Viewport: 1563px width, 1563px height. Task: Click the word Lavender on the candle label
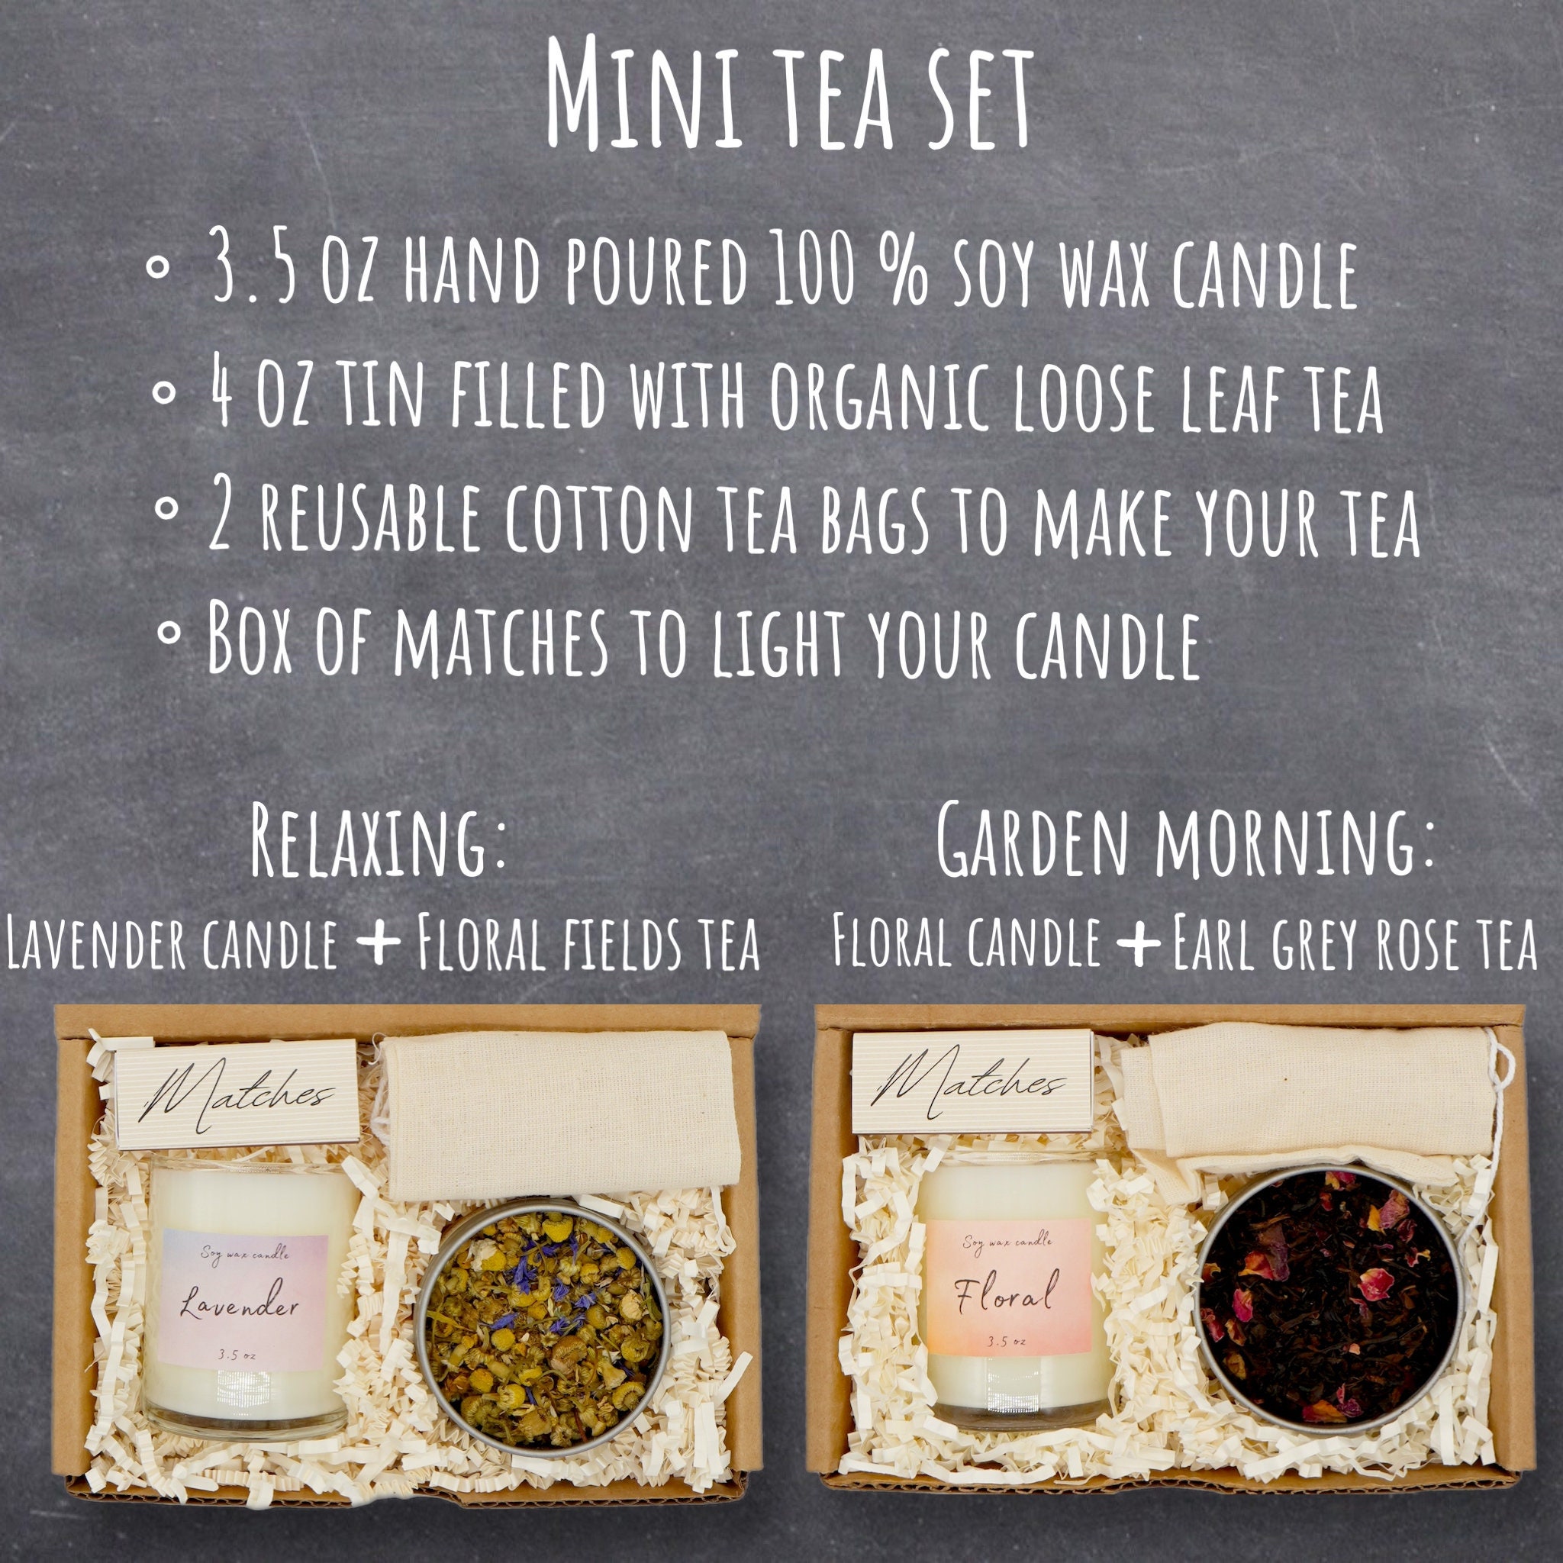(x=240, y=1307)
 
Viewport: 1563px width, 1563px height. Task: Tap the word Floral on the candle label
(x=1007, y=1293)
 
